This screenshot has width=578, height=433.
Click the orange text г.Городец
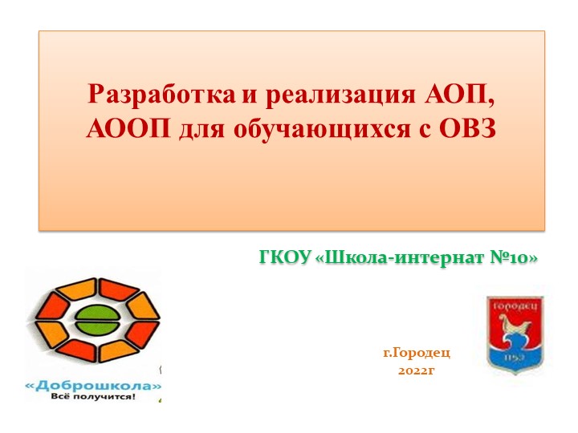click(416, 353)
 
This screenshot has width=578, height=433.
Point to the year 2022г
click(416, 371)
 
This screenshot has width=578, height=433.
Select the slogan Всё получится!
click(93, 397)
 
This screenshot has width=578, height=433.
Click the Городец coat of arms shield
click(515, 333)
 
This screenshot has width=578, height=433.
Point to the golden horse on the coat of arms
click(515, 328)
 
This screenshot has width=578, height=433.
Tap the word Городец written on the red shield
click(515, 306)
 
